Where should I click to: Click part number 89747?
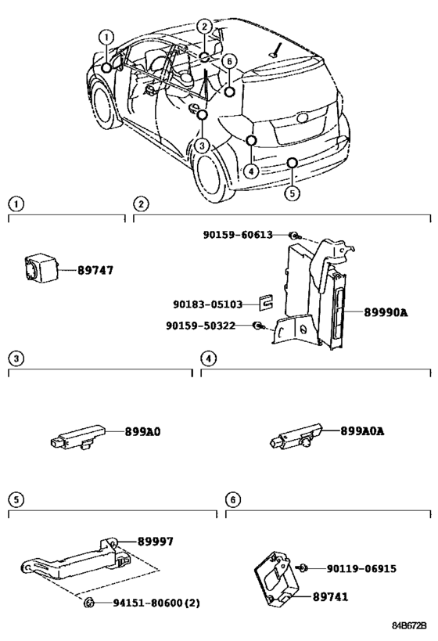point(95,270)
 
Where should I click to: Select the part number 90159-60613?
point(238,235)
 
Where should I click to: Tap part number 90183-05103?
point(207,304)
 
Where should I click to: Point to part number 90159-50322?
point(200,326)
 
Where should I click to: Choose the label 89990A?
point(386,312)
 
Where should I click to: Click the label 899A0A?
point(362,431)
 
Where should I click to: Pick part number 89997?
point(156,542)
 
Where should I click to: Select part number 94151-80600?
point(148,603)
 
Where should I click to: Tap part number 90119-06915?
point(361,568)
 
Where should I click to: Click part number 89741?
point(331,596)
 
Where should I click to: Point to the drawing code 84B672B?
point(409,625)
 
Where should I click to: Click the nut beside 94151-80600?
point(88,602)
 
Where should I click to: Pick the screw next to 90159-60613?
point(295,236)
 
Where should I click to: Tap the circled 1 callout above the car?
point(106,38)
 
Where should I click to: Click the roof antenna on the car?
point(277,49)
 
